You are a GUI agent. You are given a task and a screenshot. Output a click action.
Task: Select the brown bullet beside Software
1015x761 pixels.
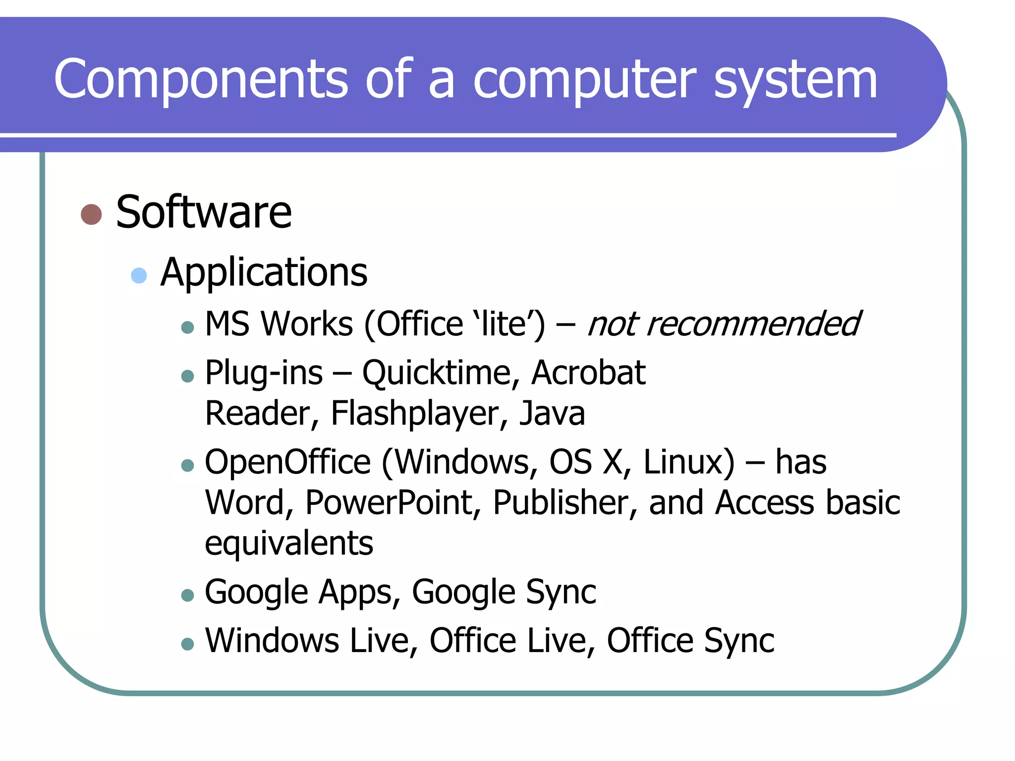click(91, 215)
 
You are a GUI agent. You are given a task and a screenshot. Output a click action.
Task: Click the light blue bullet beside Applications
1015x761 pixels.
click(139, 275)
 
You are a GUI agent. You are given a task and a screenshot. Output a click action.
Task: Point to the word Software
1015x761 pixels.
click(204, 212)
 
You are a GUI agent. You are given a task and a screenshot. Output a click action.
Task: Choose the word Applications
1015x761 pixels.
click(264, 272)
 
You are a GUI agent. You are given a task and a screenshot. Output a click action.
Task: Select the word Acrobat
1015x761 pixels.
click(588, 373)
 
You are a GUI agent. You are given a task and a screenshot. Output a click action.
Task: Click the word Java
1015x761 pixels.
click(552, 413)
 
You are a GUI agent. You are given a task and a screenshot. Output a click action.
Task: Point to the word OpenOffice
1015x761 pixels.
click(287, 462)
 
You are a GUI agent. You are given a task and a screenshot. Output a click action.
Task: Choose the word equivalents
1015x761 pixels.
click(289, 544)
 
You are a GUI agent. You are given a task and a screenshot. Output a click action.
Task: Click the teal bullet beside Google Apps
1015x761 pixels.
click(187, 595)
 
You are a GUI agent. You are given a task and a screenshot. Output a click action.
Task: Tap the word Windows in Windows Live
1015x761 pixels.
click(272, 640)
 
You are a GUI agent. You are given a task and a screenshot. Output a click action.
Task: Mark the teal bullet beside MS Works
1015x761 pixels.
click(187, 327)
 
